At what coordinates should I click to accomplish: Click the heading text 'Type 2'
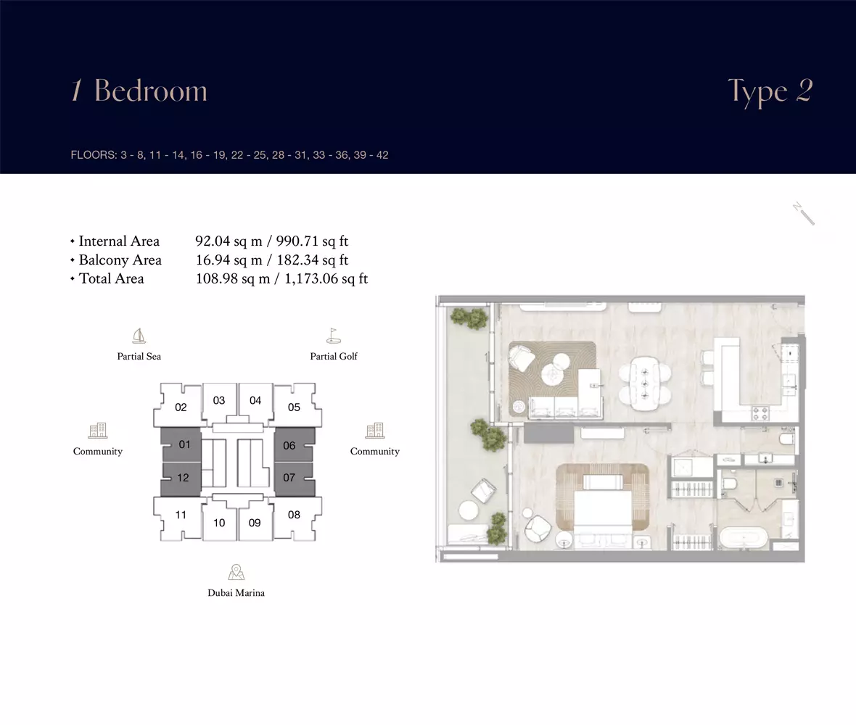pyautogui.click(x=770, y=91)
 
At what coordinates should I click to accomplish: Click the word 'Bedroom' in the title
pyautogui.click(x=151, y=90)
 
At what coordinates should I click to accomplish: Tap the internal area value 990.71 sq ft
pyautogui.click(x=312, y=241)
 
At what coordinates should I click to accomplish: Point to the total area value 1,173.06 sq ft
pyautogui.click(x=326, y=278)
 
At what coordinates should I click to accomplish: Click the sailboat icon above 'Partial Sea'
pyautogui.click(x=139, y=336)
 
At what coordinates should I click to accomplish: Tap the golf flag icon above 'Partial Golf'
pyautogui.click(x=333, y=336)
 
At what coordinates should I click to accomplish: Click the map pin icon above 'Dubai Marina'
pyautogui.click(x=236, y=572)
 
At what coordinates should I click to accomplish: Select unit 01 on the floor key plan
pyautogui.click(x=181, y=444)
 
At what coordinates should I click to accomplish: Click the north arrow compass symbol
pyautogui.click(x=804, y=213)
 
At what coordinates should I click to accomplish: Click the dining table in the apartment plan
pyautogui.click(x=645, y=382)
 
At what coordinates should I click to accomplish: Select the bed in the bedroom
pyautogui.click(x=603, y=502)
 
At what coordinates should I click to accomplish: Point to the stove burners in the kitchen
pyautogui.click(x=760, y=413)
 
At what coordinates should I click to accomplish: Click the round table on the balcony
pyautogui.click(x=469, y=510)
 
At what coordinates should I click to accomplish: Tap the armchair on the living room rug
pyautogui.click(x=522, y=358)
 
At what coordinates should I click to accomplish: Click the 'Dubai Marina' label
pyautogui.click(x=236, y=593)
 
